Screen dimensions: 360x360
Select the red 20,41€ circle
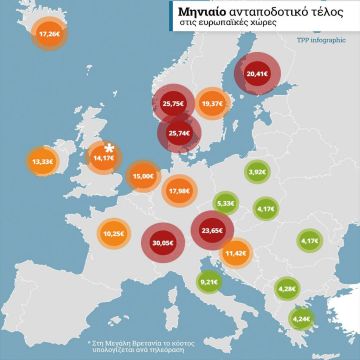tap(257, 73)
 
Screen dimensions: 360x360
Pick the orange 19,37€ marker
tap(212, 103)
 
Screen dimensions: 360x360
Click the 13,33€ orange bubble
tap(43, 160)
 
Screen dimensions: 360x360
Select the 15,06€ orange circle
tap(143, 176)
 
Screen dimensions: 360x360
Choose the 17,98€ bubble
tap(179, 190)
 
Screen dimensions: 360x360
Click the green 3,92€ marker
tap(257, 173)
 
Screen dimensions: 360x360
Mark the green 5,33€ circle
tap(226, 203)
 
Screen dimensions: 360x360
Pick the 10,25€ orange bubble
tap(113, 234)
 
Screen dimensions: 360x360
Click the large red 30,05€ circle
tap(161, 241)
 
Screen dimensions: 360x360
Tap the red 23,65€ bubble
tap(211, 230)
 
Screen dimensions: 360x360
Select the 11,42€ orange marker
tap(236, 254)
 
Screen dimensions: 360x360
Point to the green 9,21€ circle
tap(209, 283)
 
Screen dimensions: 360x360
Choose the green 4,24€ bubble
tap(301, 319)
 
